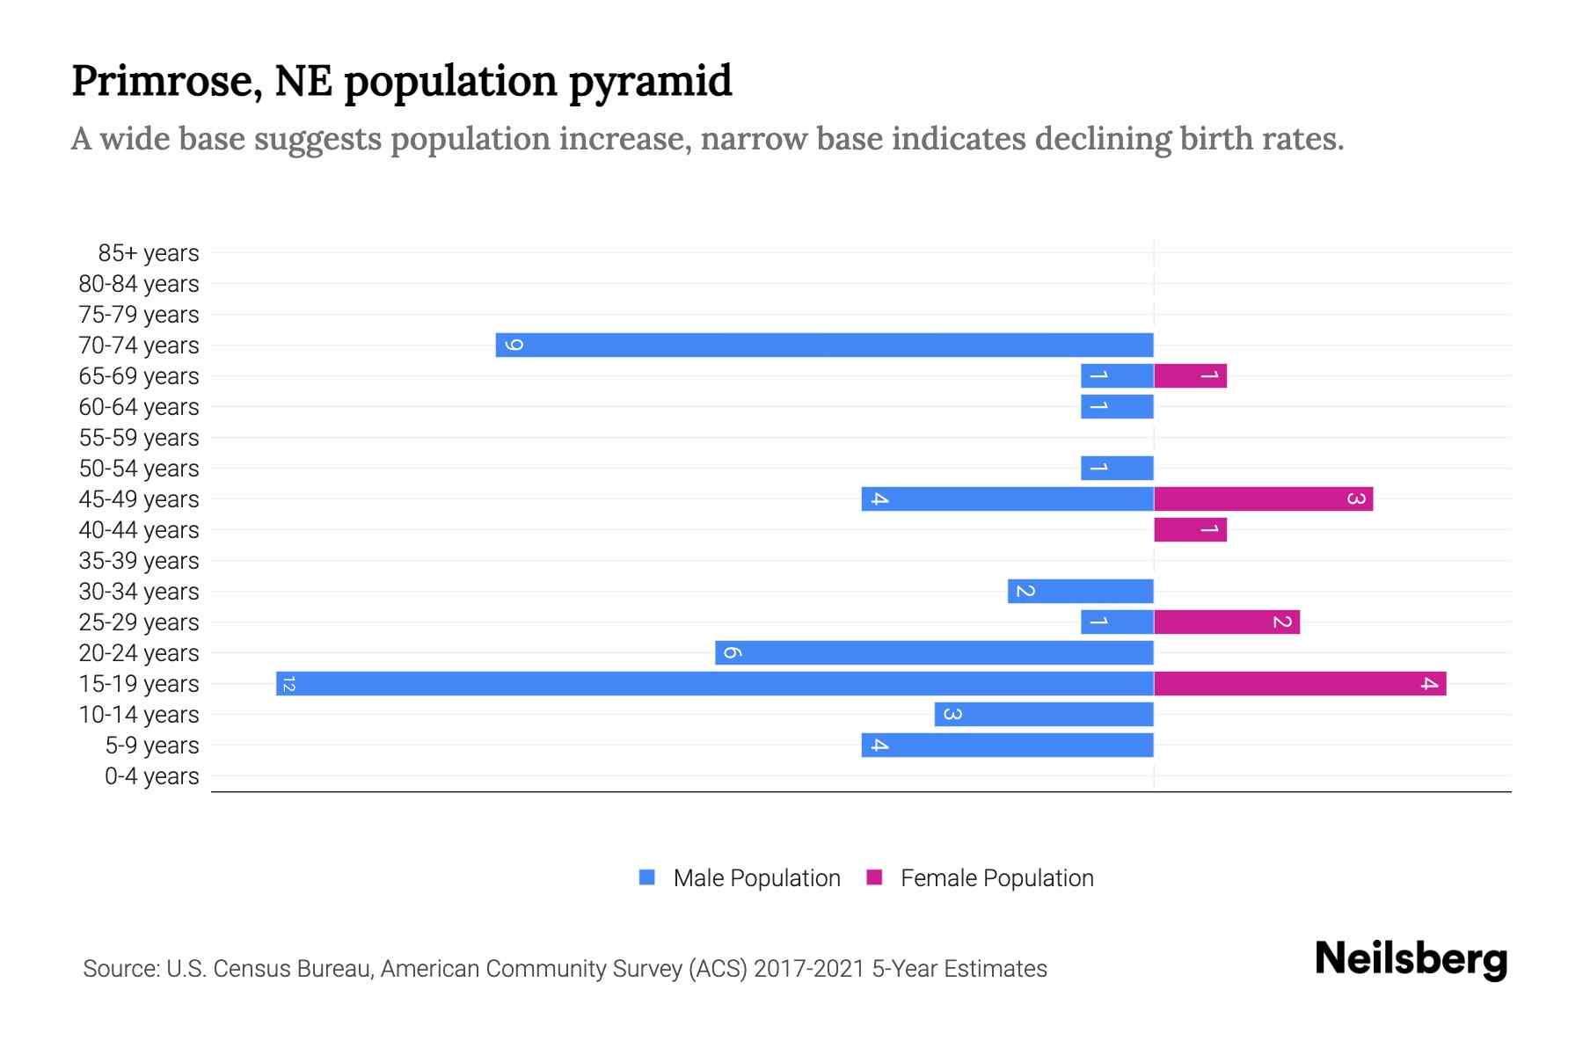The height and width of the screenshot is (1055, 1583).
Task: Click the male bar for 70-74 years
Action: (824, 345)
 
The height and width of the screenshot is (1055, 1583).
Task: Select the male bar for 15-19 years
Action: (714, 683)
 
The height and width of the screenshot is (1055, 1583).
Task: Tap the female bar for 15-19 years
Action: (1300, 683)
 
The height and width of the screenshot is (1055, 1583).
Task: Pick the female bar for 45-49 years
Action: (1263, 498)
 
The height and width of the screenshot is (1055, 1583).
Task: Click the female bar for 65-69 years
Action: (1190, 375)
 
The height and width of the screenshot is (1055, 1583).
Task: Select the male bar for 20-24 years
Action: (934, 652)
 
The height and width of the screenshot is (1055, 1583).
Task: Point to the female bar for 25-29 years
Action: (1227, 622)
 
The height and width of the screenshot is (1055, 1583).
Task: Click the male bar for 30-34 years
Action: (1080, 591)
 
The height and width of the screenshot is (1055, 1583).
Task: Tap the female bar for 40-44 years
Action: (1190, 529)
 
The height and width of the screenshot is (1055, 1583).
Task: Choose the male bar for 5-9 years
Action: (1007, 745)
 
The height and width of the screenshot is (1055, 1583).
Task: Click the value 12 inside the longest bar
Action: (288, 684)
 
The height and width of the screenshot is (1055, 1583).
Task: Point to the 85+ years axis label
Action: (148, 253)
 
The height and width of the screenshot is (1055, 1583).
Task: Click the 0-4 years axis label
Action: (151, 776)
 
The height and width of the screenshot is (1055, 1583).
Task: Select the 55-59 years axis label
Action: (139, 438)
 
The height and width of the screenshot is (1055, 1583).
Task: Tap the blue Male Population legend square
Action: (647, 877)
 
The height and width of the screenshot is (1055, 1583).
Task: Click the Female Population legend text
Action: (996, 878)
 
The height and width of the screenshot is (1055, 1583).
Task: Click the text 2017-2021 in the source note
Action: (809, 969)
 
